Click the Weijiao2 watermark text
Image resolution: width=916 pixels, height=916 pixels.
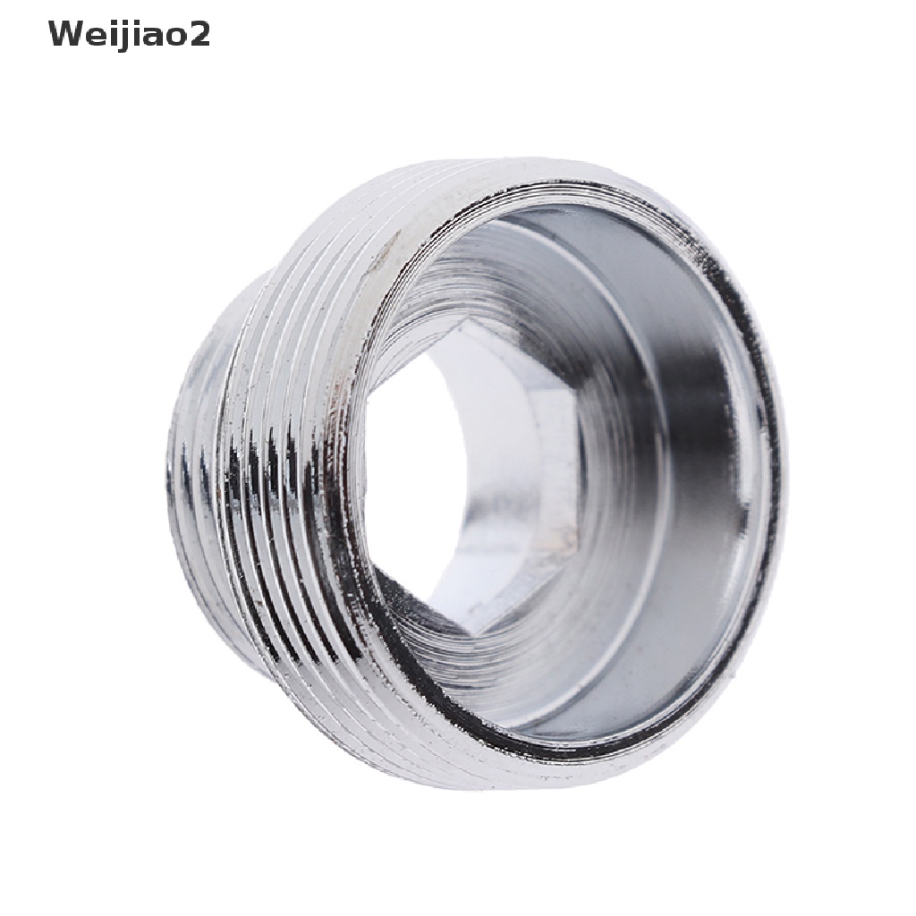[129, 35]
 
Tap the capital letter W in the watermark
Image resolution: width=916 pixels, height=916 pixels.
[66, 34]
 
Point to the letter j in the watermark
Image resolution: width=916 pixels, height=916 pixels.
[122, 37]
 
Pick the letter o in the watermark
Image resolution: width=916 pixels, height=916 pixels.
[177, 38]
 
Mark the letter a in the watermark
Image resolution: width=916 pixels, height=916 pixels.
[153, 38]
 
